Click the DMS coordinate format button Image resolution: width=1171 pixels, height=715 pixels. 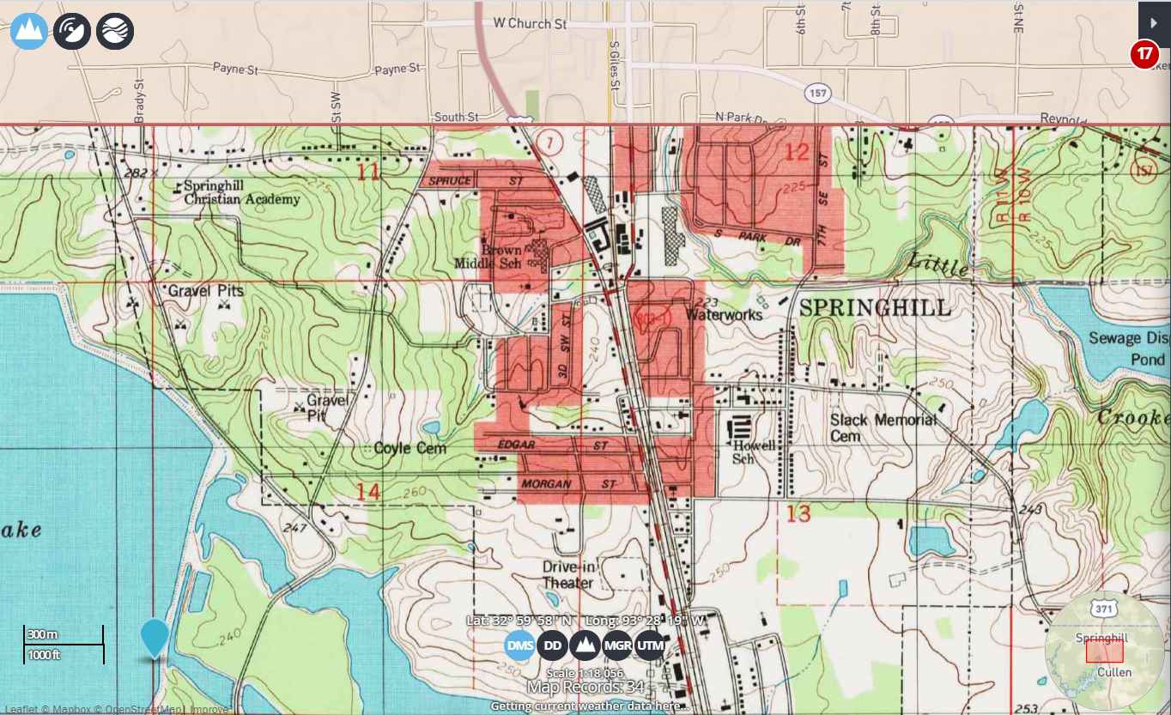pyautogui.click(x=519, y=645)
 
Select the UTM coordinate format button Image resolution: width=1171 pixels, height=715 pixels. pyautogui.click(x=651, y=645)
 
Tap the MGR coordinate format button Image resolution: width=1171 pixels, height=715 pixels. pyautogui.click(x=617, y=645)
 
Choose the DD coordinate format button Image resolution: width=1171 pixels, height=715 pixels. pyautogui.click(x=553, y=645)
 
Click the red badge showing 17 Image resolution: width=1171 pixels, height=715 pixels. pyautogui.click(x=1144, y=54)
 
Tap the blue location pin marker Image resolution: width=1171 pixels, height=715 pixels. pyautogui.click(x=155, y=638)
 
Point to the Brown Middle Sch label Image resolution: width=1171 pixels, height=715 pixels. pyautogui.click(x=501, y=257)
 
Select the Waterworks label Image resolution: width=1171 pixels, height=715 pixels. pyautogui.click(x=724, y=315)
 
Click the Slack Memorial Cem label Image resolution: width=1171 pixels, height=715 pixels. pyautogui.click(x=883, y=427)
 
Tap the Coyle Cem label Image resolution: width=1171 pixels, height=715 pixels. pyautogui.click(x=410, y=448)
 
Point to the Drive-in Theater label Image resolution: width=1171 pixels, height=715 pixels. pyautogui.click(x=567, y=575)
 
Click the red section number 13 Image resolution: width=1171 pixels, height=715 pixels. pyautogui.click(x=798, y=513)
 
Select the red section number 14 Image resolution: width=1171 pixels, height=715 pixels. pyautogui.click(x=368, y=491)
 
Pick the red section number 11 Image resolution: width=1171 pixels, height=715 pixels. pyautogui.click(x=368, y=173)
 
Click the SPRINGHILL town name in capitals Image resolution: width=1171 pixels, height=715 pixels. pyautogui.click(x=875, y=308)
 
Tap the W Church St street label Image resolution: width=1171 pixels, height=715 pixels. pyautogui.click(x=530, y=24)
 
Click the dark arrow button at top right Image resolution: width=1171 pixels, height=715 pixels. pyautogui.click(x=1154, y=19)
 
